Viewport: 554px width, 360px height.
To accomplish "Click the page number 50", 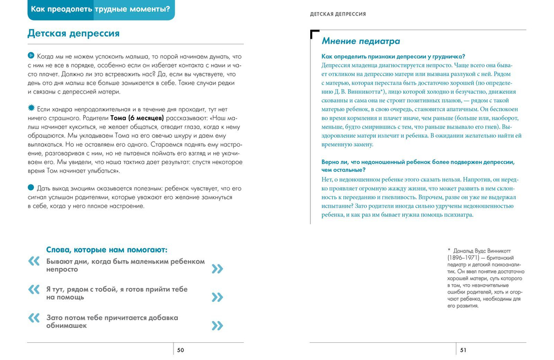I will pyautogui.click(x=181, y=350).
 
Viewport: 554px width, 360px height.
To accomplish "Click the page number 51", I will pyautogui.click(x=464, y=350).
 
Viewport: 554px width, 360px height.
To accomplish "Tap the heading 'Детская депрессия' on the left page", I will pyautogui.click(x=73, y=33).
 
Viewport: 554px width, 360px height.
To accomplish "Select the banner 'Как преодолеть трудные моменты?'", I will pyautogui.click(x=100, y=9).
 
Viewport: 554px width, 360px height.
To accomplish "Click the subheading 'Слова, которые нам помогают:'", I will pyautogui.click(x=106, y=250).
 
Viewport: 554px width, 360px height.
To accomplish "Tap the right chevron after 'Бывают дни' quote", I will pyautogui.click(x=217, y=269).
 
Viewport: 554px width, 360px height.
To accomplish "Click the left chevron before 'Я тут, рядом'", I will pyautogui.click(x=34, y=289).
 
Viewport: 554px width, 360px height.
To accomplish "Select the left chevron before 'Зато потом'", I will pyautogui.click(x=34, y=317).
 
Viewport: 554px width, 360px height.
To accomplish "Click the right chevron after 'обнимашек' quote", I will pyautogui.click(x=217, y=326).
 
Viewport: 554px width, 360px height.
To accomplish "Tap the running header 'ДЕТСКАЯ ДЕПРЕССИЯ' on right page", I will pyautogui.click(x=338, y=14).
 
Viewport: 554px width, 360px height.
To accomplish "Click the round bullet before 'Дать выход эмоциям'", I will pyautogui.click(x=30, y=187).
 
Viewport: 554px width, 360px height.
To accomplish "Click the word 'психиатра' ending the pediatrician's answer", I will pyautogui.click(x=455, y=215).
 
